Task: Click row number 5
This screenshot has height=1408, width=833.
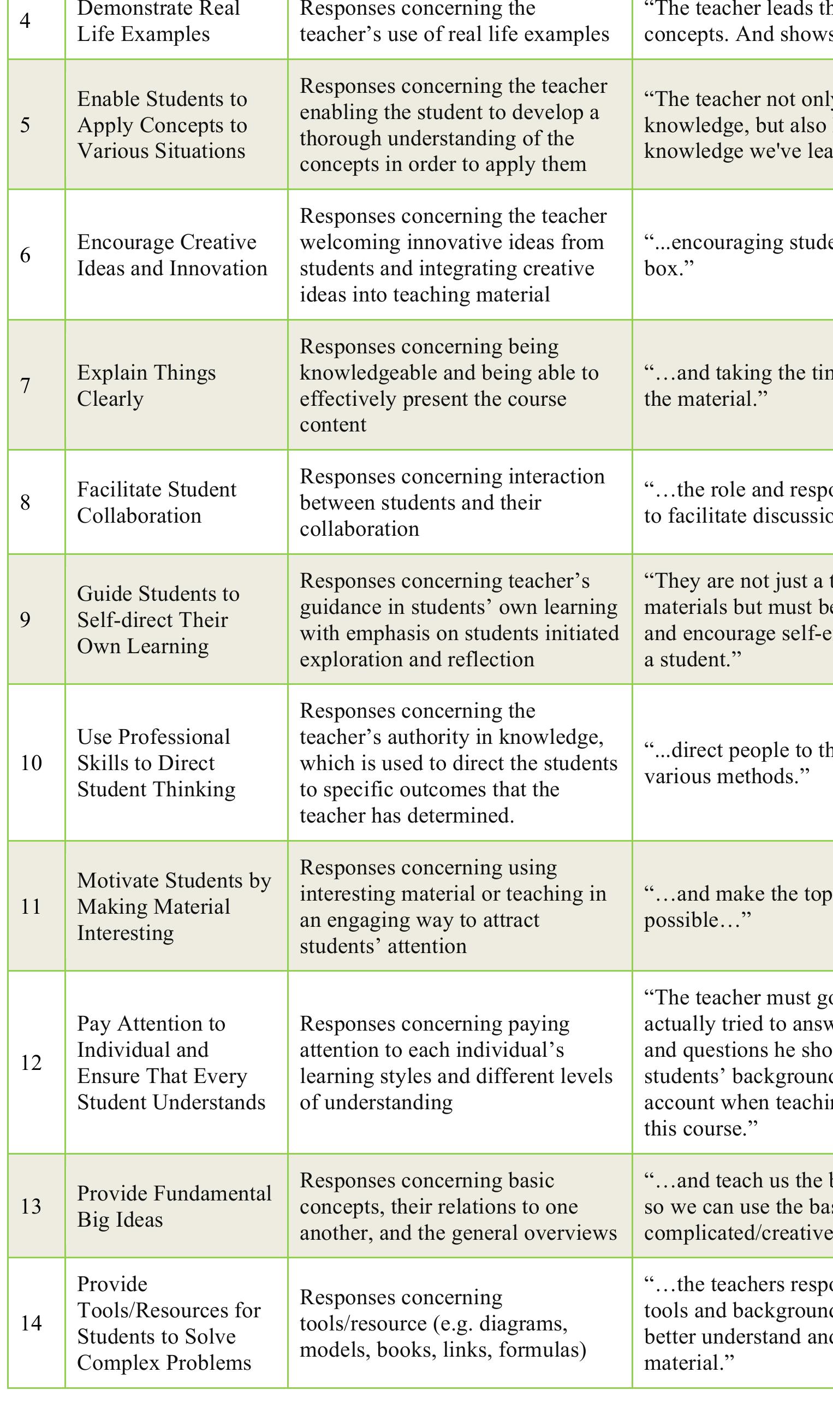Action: coord(25,125)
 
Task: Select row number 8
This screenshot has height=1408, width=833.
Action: coord(25,502)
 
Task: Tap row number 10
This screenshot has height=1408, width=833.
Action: coord(31,762)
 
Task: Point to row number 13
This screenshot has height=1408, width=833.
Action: coord(31,1206)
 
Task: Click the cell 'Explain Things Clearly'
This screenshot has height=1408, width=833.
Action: coord(146,385)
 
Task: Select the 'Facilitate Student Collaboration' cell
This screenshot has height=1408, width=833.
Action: coord(156,502)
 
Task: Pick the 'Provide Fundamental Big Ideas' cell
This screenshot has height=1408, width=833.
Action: coord(174,1206)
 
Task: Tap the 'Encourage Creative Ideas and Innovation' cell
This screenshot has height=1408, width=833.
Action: coord(172,255)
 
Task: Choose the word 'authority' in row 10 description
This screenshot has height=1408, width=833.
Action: coord(427,737)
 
